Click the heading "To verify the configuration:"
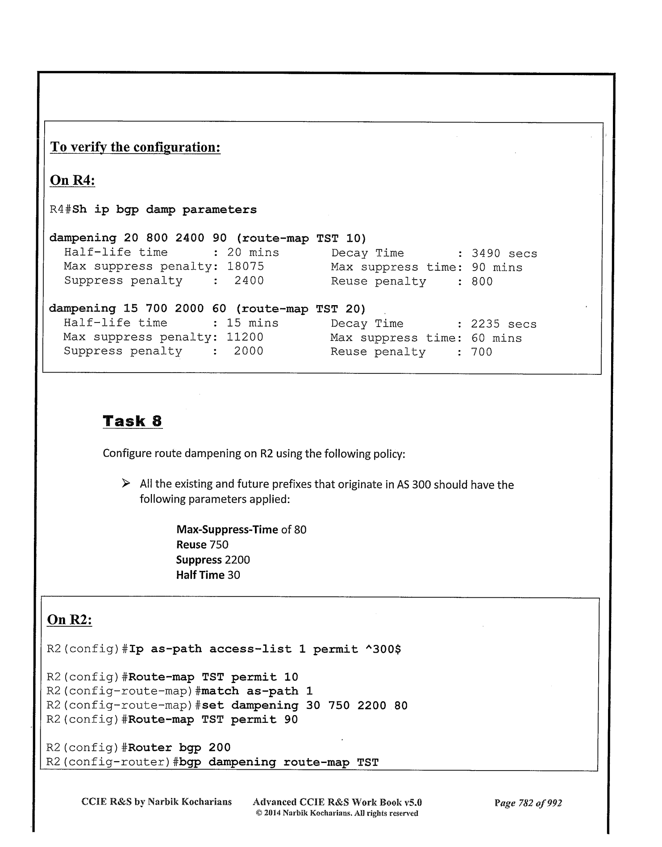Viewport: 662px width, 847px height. click(x=135, y=147)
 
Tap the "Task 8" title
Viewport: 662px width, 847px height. click(x=133, y=421)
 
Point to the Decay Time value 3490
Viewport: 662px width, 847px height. click(x=486, y=254)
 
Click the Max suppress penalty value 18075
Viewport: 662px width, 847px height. click(x=246, y=267)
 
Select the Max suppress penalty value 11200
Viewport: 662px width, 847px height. click(x=245, y=337)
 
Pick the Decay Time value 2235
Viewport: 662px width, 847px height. click(x=485, y=324)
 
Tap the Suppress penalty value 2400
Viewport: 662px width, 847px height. click(x=249, y=281)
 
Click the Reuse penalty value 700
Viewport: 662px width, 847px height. click(x=482, y=352)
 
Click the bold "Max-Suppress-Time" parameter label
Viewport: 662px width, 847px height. click(x=227, y=530)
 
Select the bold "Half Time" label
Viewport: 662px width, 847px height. click(x=200, y=575)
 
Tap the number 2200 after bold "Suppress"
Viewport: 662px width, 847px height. click(x=237, y=560)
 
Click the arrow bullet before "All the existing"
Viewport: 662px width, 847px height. click(x=126, y=484)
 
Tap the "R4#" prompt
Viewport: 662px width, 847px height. click(x=60, y=210)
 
